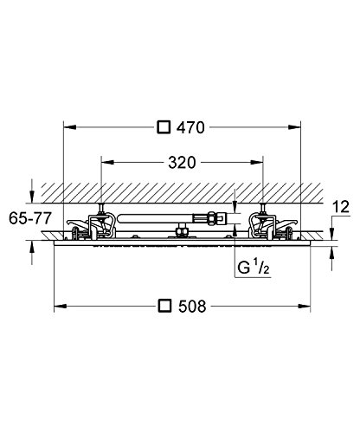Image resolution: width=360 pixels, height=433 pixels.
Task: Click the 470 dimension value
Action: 190,127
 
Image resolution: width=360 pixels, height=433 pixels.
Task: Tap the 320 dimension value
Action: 182,163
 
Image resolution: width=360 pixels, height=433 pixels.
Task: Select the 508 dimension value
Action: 192,307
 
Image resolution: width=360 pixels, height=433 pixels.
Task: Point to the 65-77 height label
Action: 30,218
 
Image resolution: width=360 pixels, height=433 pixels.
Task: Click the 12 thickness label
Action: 341,207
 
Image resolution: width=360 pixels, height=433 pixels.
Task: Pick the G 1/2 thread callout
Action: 254,267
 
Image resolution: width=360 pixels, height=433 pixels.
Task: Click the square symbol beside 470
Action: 164,127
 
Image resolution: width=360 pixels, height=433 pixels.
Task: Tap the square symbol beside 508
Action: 165,306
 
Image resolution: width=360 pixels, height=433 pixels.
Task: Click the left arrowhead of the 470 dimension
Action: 69,127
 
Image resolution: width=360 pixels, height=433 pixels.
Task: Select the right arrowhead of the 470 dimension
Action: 294,127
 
